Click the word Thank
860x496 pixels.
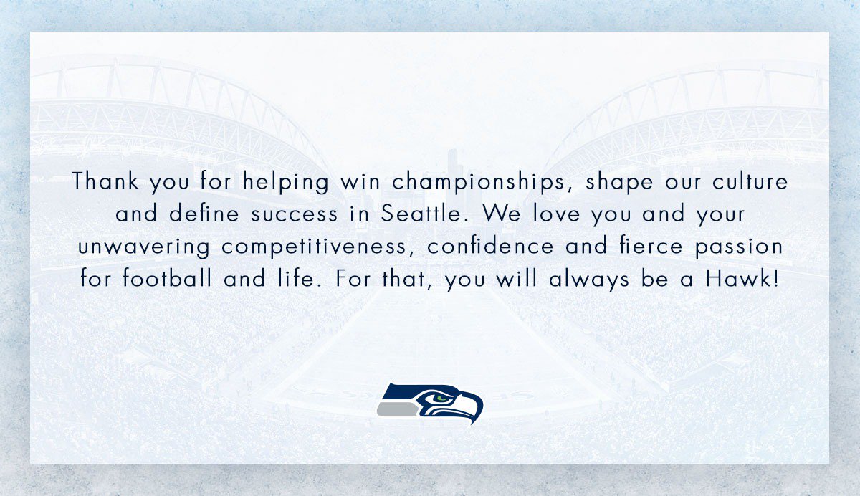coord(105,181)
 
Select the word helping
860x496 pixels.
coord(285,182)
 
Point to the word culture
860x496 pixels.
coord(750,181)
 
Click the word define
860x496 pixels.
coord(204,213)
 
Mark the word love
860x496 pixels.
coord(556,213)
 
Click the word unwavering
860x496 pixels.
coord(144,247)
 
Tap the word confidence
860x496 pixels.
coord(490,245)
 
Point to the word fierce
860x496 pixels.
coord(651,245)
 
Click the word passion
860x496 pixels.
coord(739,247)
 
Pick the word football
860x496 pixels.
coord(167,277)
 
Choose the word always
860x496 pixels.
coord(589,280)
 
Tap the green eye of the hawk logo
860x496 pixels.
coord(441,398)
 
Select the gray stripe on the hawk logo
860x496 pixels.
coord(397,409)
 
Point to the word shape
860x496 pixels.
coord(619,182)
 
